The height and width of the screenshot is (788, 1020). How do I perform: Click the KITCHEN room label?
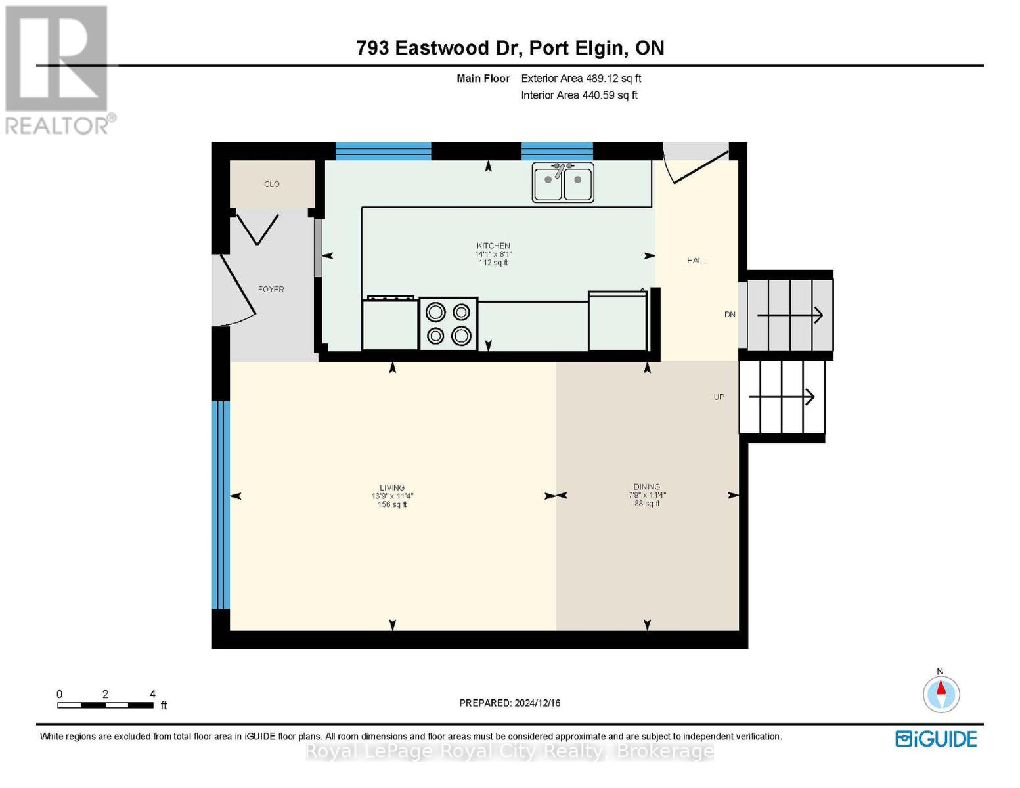[x=493, y=246]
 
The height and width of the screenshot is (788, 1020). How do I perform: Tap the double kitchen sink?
[x=563, y=182]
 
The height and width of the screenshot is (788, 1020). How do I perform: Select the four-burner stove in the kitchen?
[x=448, y=324]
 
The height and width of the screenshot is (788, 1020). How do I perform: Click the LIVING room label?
[x=392, y=488]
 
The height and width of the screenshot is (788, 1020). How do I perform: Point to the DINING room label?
[x=647, y=487]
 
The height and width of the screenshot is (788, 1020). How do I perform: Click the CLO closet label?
[x=272, y=185]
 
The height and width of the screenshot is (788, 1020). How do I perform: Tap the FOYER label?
[x=271, y=290]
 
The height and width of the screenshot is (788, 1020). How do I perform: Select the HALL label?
[x=696, y=261]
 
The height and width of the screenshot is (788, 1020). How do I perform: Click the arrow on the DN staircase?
[x=789, y=315]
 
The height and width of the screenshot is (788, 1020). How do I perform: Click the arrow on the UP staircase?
[x=782, y=397]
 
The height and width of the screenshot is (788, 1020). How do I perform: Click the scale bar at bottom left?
[x=105, y=705]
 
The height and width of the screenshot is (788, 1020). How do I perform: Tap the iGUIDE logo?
[x=936, y=739]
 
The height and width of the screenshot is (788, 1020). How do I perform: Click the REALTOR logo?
[x=58, y=69]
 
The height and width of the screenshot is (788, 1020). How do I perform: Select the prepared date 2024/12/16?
[x=510, y=703]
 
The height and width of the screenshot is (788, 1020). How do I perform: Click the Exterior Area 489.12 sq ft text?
[x=581, y=78]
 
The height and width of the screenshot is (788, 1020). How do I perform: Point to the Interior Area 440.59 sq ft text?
[x=579, y=95]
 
